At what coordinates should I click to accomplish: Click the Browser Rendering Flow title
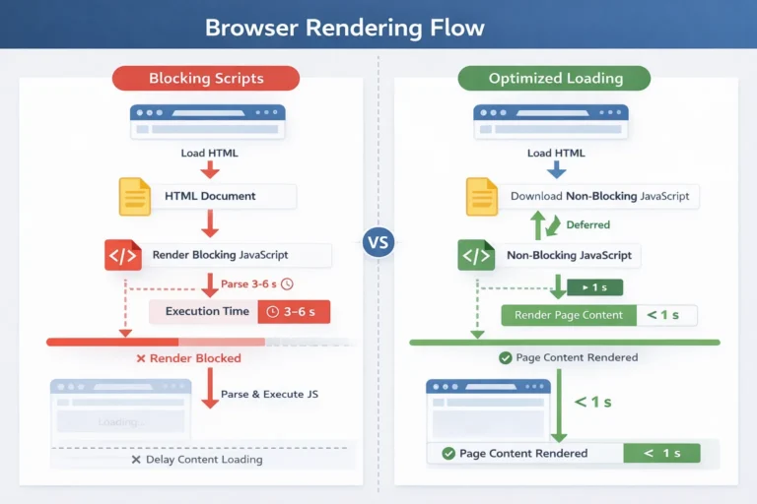pyautogui.click(x=344, y=26)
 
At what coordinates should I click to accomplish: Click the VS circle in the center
pyautogui.click(x=378, y=242)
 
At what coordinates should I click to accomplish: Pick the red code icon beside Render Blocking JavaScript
pyautogui.click(x=122, y=255)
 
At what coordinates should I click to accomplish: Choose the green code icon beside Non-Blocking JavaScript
pyautogui.click(x=476, y=255)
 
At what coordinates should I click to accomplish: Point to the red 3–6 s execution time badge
pyautogui.click(x=294, y=312)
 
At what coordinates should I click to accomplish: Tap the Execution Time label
pyautogui.click(x=207, y=312)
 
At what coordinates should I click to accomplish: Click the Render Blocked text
pyautogui.click(x=189, y=359)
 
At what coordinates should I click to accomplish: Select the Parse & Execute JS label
pyautogui.click(x=269, y=394)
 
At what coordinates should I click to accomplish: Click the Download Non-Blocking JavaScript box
pyautogui.click(x=605, y=197)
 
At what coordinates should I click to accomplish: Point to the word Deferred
pyautogui.click(x=587, y=224)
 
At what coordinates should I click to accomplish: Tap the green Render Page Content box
pyautogui.click(x=568, y=315)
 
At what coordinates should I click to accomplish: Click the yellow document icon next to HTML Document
pyautogui.click(x=134, y=196)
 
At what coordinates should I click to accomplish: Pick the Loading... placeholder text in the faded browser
pyautogui.click(x=121, y=422)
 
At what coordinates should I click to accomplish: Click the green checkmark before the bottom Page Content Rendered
pyautogui.click(x=448, y=454)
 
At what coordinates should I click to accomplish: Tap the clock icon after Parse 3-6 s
pyautogui.click(x=287, y=284)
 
